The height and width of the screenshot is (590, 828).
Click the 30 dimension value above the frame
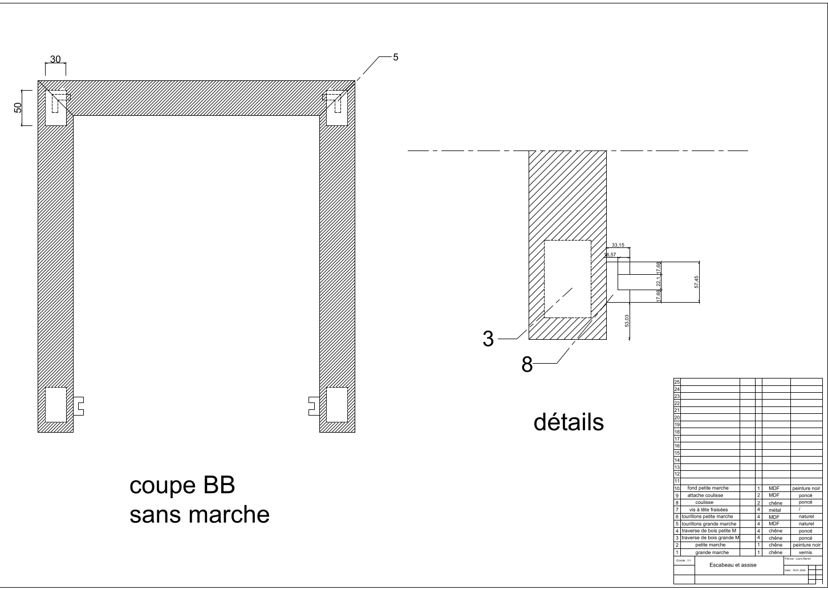point(55,59)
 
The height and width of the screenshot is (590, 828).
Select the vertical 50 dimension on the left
point(18,107)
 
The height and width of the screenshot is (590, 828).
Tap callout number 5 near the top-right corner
point(396,57)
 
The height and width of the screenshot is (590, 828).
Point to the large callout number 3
point(488,339)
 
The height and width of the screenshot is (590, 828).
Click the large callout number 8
point(527,364)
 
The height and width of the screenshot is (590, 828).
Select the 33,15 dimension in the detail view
point(618,245)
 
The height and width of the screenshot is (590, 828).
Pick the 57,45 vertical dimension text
point(696,282)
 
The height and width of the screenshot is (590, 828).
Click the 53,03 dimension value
point(627,320)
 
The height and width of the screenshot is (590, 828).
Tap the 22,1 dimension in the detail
point(658,281)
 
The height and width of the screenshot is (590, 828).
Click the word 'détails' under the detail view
point(569,422)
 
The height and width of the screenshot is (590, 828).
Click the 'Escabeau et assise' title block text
point(733,565)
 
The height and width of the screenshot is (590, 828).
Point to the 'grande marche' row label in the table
point(712,552)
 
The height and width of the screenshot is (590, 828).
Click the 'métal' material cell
point(774,510)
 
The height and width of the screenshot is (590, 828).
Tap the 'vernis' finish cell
point(806,552)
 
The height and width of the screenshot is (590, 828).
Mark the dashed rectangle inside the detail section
point(567,279)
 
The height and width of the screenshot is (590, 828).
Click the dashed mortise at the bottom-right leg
point(336,405)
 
